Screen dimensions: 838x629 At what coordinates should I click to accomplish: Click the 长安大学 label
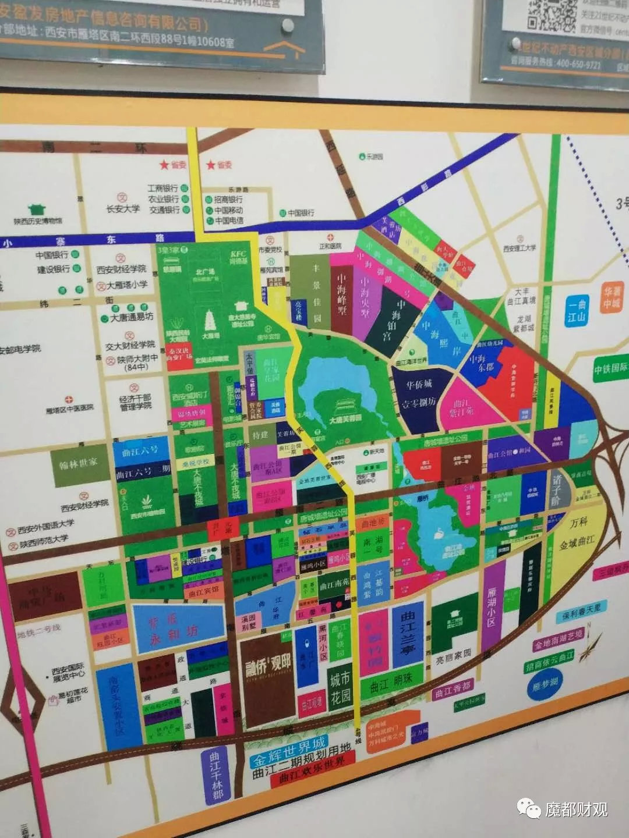123,208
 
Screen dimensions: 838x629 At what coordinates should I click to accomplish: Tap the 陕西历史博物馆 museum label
38,221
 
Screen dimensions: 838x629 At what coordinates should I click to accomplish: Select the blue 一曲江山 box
576,310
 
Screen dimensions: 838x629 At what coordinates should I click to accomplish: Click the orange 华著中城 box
612,297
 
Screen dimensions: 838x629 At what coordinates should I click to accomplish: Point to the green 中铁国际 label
610,369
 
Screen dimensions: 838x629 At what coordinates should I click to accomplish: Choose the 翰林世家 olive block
79,464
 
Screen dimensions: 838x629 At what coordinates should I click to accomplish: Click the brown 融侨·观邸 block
268,678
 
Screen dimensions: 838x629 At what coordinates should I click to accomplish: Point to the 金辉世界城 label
288,751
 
